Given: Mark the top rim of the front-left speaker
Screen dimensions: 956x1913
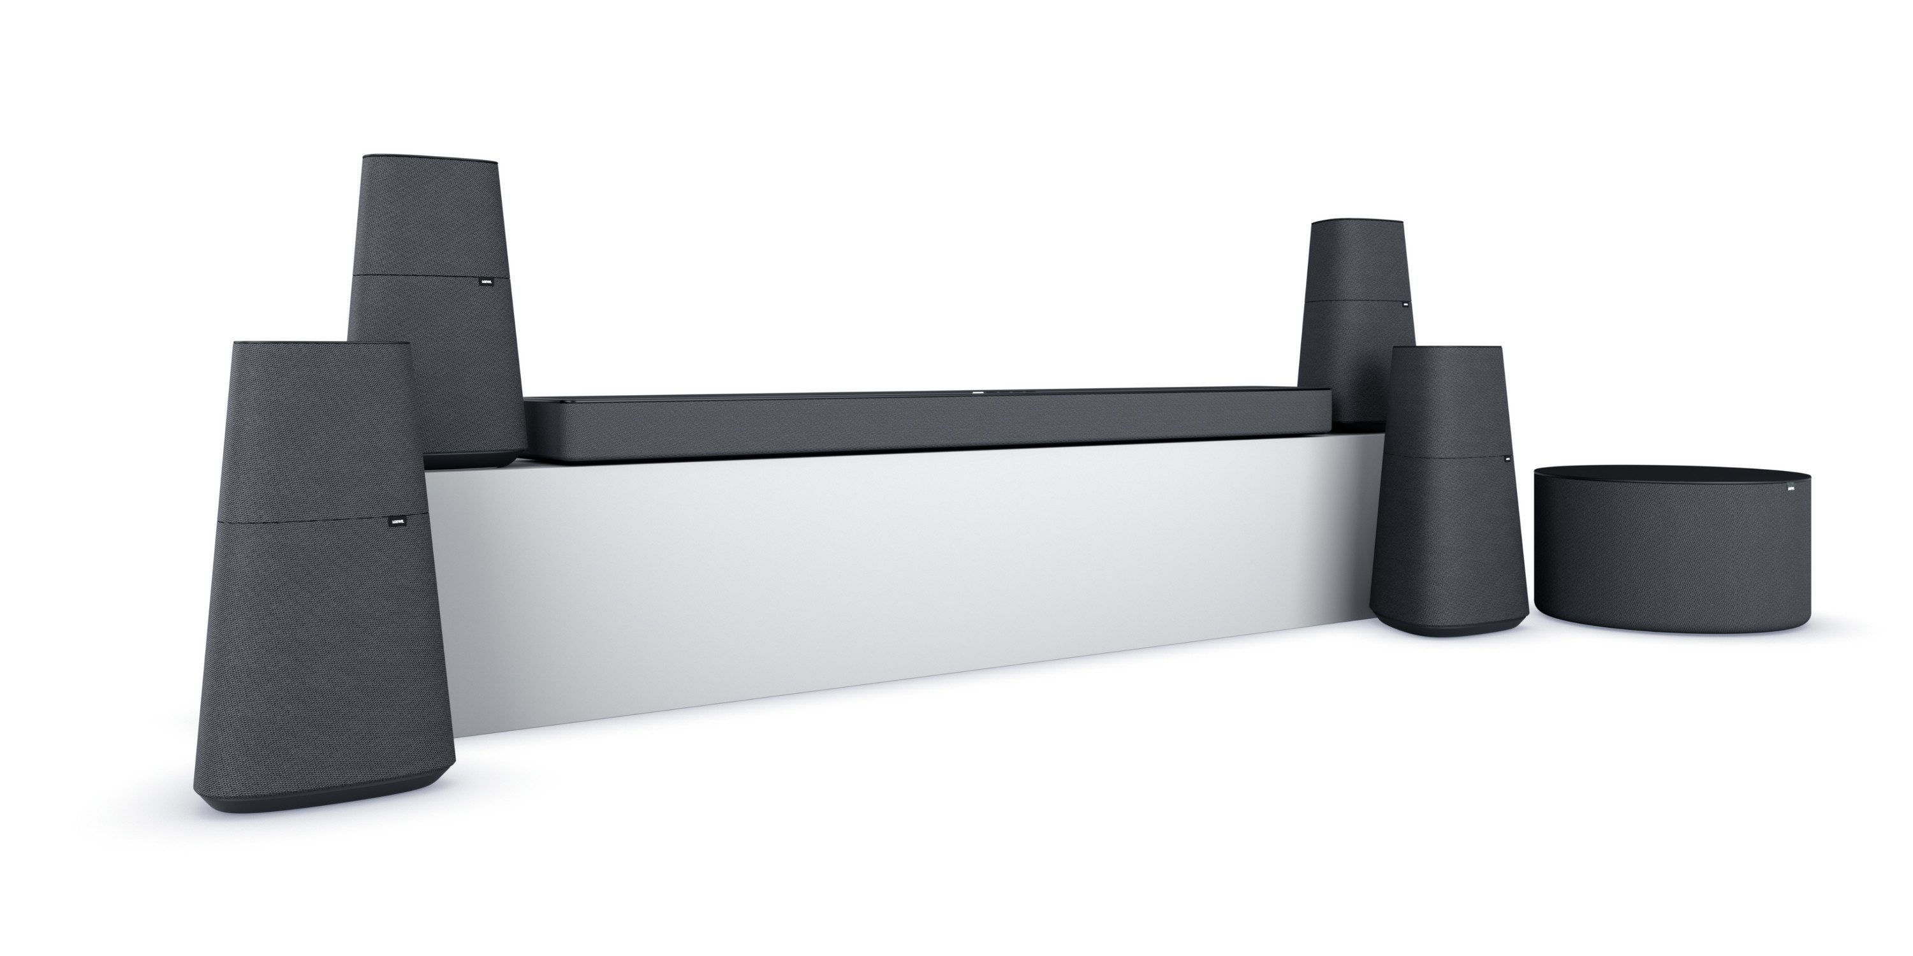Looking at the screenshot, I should pos(319,344).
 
